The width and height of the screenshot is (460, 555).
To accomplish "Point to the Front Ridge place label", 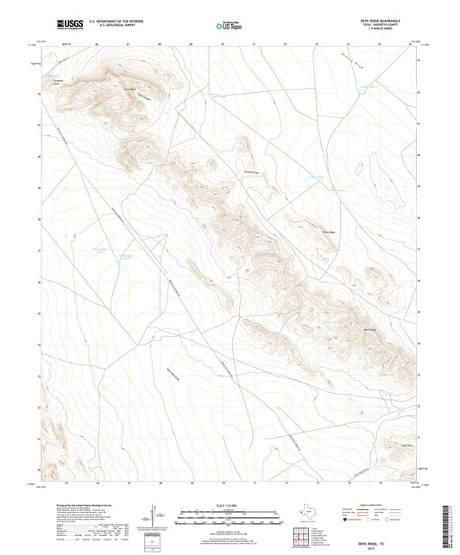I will [x=327, y=231].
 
